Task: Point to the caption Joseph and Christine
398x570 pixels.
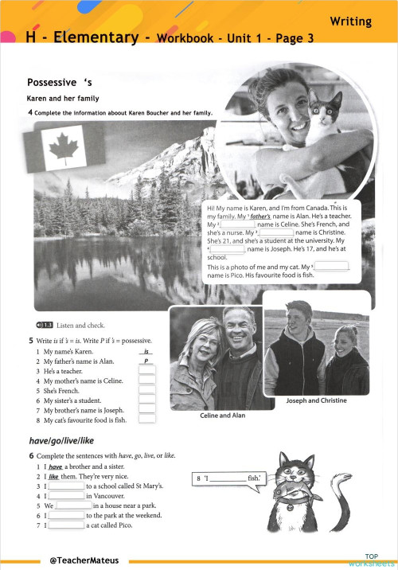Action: click(x=316, y=400)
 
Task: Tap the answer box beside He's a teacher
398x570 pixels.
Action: click(x=146, y=370)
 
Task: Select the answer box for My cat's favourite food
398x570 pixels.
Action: click(x=146, y=419)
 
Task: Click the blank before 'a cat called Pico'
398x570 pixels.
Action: click(x=67, y=525)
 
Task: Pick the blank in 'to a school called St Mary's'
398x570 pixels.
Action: click(x=67, y=485)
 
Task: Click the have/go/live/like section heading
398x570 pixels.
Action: click(x=60, y=440)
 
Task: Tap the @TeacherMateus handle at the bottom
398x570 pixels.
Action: click(x=84, y=560)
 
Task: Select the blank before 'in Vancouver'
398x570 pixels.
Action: click(x=67, y=495)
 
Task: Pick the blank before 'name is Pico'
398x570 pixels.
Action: click(x=333, y=266)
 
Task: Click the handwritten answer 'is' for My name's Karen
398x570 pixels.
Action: click(x=146, y=351)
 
